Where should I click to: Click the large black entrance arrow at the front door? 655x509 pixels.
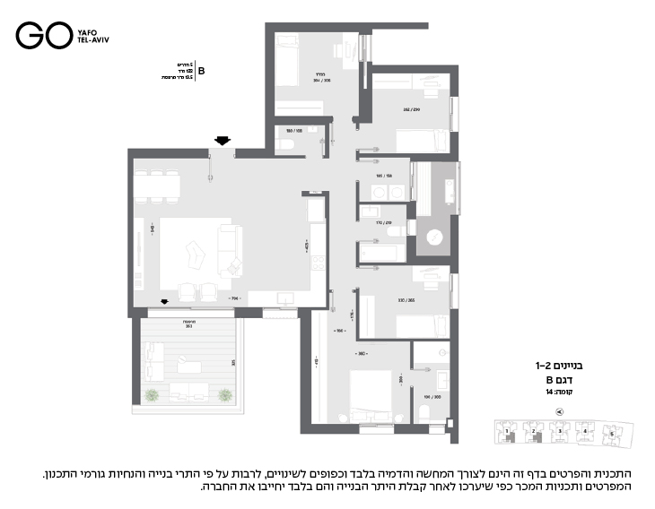[x=222, y=139]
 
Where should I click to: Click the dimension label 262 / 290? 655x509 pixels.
[x=412, y=110]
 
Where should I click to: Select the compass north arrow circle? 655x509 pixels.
[x=560, y=412]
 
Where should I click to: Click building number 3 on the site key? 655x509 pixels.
[x=559, y=431]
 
